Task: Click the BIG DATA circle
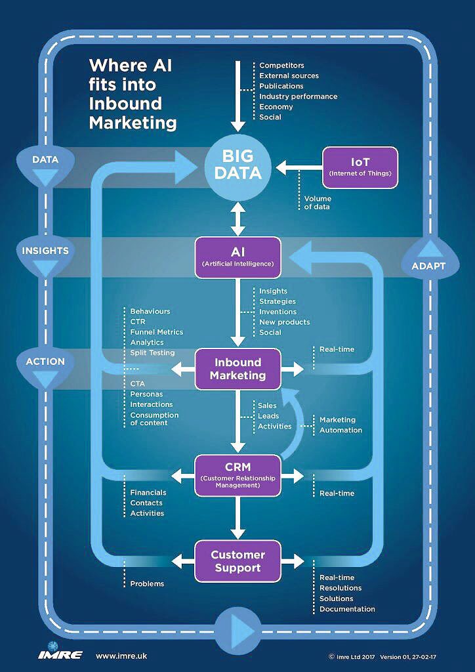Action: tap(237, 165)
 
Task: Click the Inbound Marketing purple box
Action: tap(237, 369)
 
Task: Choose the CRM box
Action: tap(237, 473)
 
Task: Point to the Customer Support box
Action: tap(237, 561)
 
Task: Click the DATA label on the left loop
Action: tap(45, 159)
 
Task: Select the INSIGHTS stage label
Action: tap(45, 251)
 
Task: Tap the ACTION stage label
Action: tap(45, 362)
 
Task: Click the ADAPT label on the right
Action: tap(428, 266)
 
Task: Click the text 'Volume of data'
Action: tap(318, 203)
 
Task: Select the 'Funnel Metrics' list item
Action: tap(156, 332)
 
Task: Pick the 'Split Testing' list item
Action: tap(152, 353)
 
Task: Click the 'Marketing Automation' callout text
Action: tap(341, 425)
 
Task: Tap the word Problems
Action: tap(147, 583)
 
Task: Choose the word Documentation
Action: tap(347, 609)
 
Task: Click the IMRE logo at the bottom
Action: tap(60, 656)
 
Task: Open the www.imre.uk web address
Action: tap(120, 656)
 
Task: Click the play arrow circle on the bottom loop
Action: tap(237, 629)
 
